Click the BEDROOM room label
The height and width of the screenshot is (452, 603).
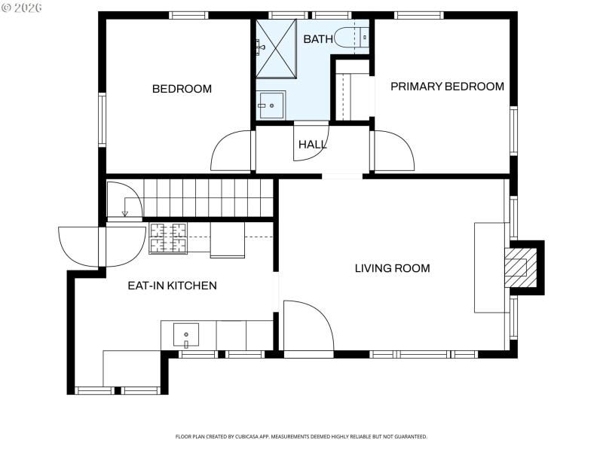pos(182,89)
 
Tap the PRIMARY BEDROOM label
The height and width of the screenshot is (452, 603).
pos(447,87)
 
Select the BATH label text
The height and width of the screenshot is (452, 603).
pos(317,39)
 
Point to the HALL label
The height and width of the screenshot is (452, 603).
pos(312,145)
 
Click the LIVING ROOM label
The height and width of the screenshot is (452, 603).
pos(392,268)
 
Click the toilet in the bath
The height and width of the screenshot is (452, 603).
pos(351,37)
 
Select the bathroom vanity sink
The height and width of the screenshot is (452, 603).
pos(270,105)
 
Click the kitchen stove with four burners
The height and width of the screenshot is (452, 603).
pos(168,238)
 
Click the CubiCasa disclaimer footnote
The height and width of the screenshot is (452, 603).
pos(301,436)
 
